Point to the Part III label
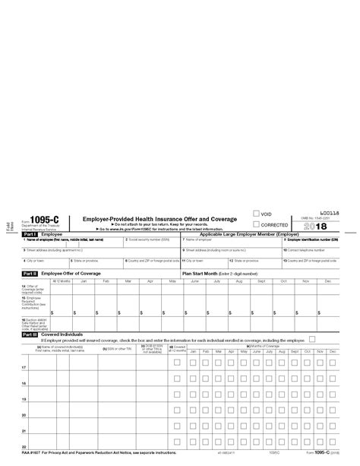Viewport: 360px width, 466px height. click(30, 334)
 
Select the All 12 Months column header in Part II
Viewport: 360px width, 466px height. click(62, 281)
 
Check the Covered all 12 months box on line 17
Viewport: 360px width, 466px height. click(176, 363)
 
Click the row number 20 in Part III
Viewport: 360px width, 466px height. click(23, 415)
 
